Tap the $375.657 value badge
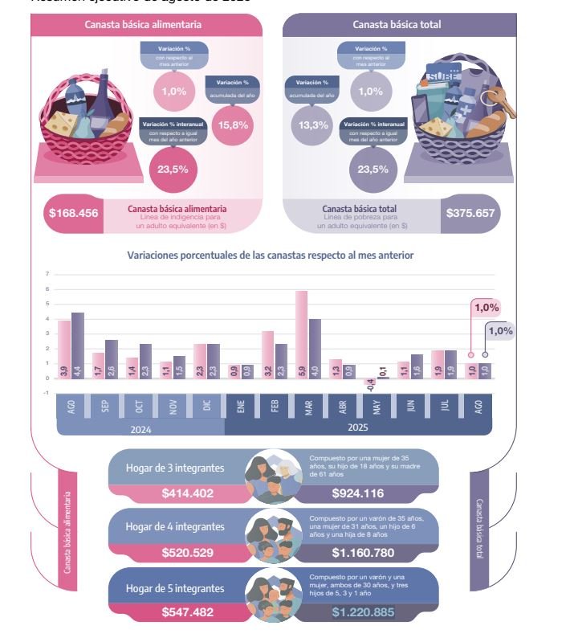(x=470, y=214)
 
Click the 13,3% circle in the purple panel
(x=312, y=125)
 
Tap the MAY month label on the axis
(x=377, y=407)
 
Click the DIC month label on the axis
(x=207, y=407)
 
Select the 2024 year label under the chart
(x=140, y=429)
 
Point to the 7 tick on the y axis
(x=47, y=274)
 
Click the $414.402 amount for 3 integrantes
(x=188, y=493)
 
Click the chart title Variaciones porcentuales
(x=270, y=255)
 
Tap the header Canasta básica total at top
(x=397, y=25)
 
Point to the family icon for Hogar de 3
(x=269, y=478)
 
